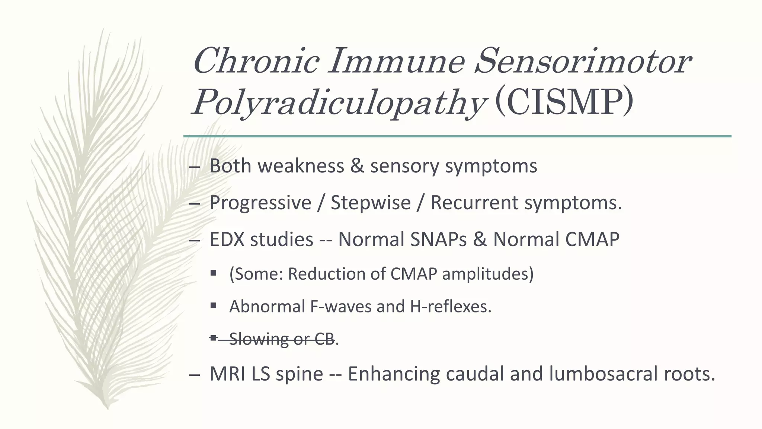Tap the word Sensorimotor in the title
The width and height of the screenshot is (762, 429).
point(583,61)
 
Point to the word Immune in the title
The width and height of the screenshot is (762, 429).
point(397,61)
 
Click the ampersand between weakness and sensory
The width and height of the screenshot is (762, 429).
point(357,166)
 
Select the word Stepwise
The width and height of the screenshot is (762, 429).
point(371,203)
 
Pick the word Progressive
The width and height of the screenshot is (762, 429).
point(260,203)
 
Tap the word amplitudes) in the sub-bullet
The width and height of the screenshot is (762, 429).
point(487,274)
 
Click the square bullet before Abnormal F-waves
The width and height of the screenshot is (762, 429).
point(213,306)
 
